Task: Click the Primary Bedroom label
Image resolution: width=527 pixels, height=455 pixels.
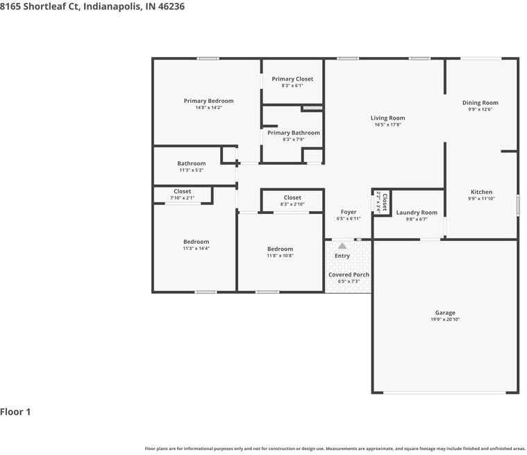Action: (x=208, y=101)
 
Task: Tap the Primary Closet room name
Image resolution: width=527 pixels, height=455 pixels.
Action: (x=292, y=79)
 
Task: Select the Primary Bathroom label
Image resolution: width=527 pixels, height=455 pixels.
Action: (x=294, y=133)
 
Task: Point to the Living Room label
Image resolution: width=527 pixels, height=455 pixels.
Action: (x=387, y=118)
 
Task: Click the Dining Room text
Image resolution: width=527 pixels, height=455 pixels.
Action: (x=480, y=103)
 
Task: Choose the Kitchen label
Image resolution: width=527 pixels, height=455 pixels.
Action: (x=481, y=192)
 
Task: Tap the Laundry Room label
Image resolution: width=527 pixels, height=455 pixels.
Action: (x=417, y=213)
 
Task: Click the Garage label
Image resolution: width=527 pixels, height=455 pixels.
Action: (x=445, y=313)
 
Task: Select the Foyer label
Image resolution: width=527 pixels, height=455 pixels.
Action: (x=349, y=212)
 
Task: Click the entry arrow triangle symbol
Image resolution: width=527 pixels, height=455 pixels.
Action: (x=342, y=246)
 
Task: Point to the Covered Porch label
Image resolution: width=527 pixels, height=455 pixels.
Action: (x=349, y=274)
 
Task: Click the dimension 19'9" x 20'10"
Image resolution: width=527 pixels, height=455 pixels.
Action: (x=445, y=320)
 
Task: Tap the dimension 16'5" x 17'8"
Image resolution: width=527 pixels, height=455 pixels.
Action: (x=387, y=125)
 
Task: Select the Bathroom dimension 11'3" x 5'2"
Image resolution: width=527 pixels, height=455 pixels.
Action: (x=191, y=170)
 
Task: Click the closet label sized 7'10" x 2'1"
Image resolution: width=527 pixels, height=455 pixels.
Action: (x=182, y=192)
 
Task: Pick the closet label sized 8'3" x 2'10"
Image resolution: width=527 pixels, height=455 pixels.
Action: (x=292, y=198)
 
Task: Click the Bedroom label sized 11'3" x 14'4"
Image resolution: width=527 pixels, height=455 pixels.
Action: (x=196, y=242)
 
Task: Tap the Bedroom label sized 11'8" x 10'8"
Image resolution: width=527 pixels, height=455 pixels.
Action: (x=280, y=249)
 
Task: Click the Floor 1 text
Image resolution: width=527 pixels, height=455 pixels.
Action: (x=15, y=412)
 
